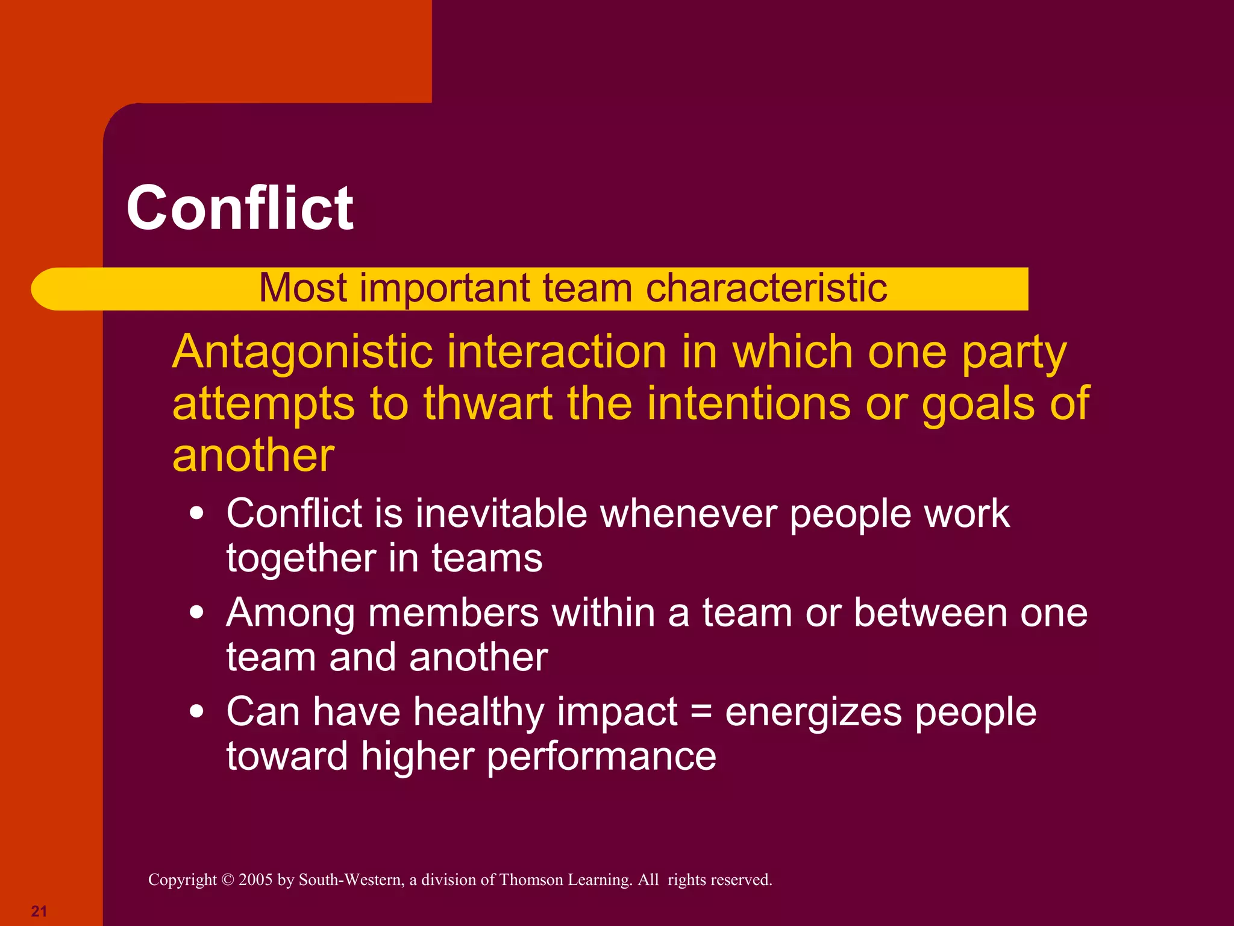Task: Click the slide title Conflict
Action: point(240,208)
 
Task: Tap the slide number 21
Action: point(39,911)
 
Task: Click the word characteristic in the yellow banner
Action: point(766,288)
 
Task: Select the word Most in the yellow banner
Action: point(303,288)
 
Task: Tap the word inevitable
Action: point(501,514)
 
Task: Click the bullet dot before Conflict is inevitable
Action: point(196,514)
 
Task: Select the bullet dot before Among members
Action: point(196,613)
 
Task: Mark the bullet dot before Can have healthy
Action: point(196,712)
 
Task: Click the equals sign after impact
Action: point(701,713)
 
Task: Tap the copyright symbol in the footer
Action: point(227,880)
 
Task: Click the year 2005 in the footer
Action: point(255,880)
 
